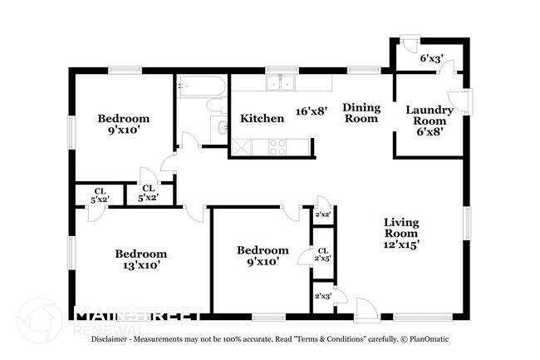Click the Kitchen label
click(262, 119)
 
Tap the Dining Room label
click(361, 113)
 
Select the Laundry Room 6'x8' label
click(430, 121)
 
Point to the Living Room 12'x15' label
click(401, 234)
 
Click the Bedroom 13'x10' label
click(141, 259)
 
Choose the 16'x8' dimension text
click(312, 111)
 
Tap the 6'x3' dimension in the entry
click(431, 58)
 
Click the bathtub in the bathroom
click(202, 86)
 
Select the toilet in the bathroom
click(217, 105)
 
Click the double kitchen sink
click(281, 83)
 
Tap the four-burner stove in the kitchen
click(277, 147)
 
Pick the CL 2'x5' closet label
click(322, 254)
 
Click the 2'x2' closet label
click(323, 215)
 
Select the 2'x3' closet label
click(323, 296)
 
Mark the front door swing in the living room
click(367, 310)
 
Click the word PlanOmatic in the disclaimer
click(430, 339)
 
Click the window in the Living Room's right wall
click(467, 223)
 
